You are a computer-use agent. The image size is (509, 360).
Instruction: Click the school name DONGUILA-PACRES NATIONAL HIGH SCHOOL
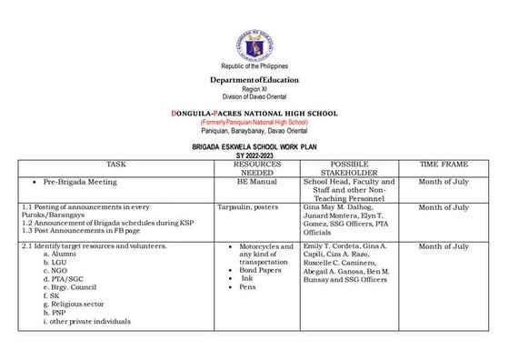pyautogui.click(x=254, y=113)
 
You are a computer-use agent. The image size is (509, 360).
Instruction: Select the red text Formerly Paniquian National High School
pyautogui.click(x=254, y=122)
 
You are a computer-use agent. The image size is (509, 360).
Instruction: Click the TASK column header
pyautogui.click(x=115, y=164)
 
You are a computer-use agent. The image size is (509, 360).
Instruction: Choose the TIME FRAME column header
pyautogui.click(x=443, y=164)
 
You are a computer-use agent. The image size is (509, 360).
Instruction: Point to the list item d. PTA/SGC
pyautogui.click(x=64, y=279)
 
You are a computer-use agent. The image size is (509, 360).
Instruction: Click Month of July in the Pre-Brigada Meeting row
pyautogui.click(x=443, y=182)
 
